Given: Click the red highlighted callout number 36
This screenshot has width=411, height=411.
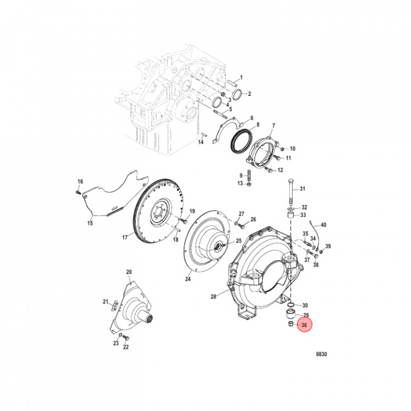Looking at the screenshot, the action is click(304, 325).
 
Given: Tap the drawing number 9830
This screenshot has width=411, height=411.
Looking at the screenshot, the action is click(321, 354).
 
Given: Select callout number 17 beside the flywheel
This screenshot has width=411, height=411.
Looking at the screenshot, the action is click(125, 237).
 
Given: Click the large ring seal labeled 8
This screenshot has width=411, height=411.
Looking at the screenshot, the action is click(241, 142).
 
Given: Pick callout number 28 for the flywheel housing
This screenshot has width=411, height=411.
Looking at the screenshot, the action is click(213, 297).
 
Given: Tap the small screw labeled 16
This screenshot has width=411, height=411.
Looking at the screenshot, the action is click(78, 192).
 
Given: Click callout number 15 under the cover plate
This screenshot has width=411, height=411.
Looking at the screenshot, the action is click(90, 223).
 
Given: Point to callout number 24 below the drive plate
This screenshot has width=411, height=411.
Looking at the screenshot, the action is click(188, 279).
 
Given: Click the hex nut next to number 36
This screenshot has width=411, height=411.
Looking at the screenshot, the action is click(291, 324).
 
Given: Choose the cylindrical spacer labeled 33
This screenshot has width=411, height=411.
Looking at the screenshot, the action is click(291, 216).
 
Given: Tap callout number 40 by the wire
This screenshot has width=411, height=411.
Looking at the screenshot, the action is click(324, 225).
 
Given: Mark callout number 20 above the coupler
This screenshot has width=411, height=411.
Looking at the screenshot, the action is click(129, 272).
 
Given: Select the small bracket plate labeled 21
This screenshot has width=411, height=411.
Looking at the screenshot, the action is click(115, 306).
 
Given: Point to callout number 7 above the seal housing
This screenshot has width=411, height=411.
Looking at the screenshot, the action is click(273, 126).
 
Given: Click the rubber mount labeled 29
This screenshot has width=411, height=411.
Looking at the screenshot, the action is click(291, 314).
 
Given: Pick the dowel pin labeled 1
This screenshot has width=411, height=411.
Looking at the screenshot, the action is click(233, 83).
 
